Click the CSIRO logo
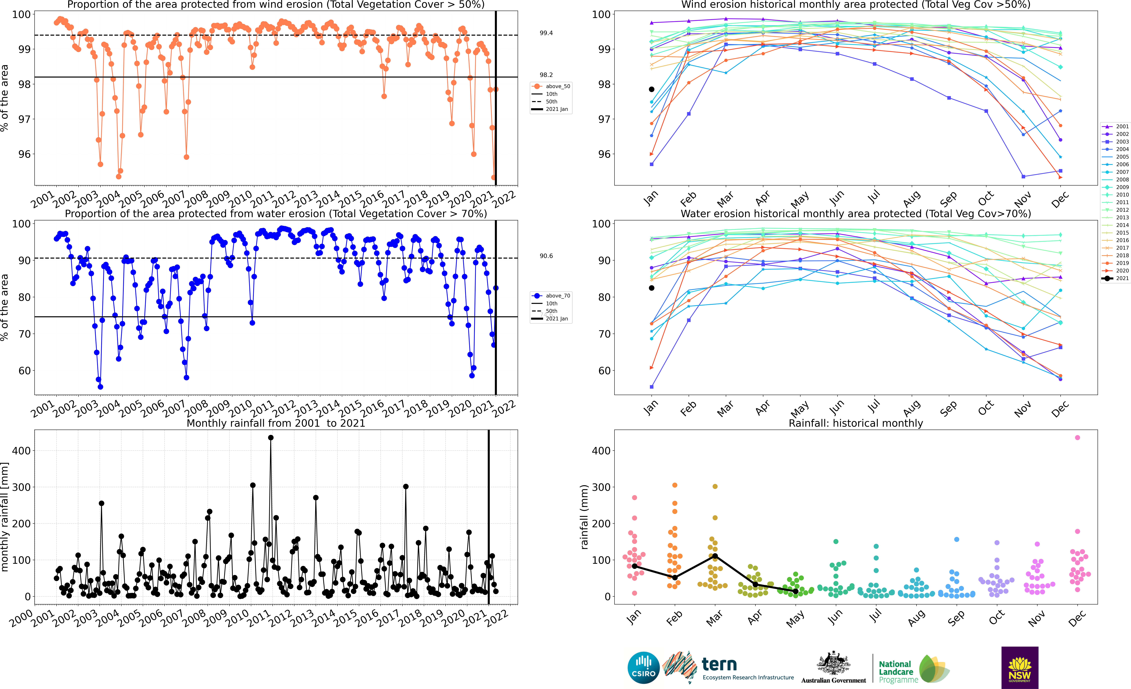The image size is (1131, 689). (643, 667)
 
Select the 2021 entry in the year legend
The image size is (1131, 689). (1118, 278)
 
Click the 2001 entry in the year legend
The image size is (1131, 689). (1118, 126)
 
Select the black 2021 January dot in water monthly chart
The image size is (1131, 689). (651, 288)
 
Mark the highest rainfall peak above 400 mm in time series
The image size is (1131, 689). (271, 438)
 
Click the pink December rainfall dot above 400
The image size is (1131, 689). (1077, 438)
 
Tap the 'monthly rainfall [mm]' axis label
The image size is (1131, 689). (5, 517)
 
